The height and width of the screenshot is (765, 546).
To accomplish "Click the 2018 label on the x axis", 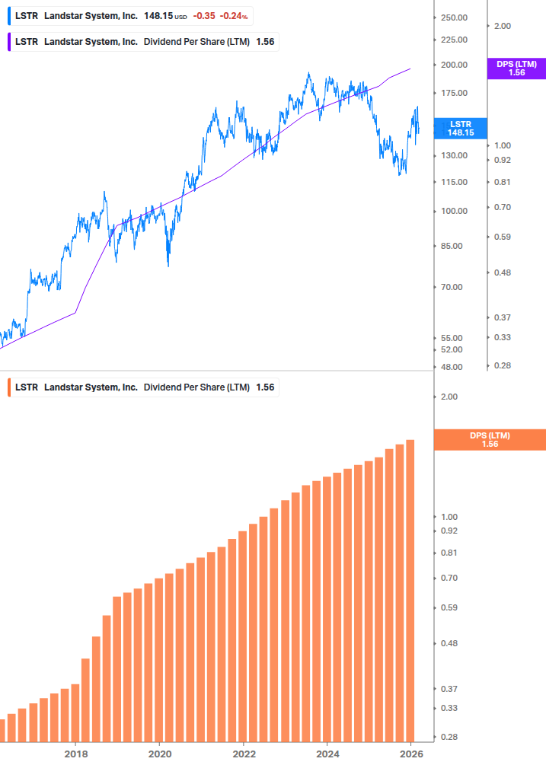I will pos(75,754).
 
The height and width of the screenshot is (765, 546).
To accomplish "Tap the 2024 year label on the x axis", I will pos(327,754).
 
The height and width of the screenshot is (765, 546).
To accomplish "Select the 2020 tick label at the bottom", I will pos(159,754).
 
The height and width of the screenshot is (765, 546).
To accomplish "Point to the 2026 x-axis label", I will pos(411,754).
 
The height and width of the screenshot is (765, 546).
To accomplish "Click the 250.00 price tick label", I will pos(454,18).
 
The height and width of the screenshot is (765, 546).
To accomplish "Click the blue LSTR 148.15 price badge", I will pos(460,128).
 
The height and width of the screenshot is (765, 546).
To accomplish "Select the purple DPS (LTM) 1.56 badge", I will pos(516,69).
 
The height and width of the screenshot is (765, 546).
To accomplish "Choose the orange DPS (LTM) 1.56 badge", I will pos(489,439).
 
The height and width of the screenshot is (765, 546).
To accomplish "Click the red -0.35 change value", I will pos(203,16).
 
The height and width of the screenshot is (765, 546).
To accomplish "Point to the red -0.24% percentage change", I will pos(235,16).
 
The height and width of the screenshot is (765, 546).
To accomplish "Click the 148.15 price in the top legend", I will pos(158,16).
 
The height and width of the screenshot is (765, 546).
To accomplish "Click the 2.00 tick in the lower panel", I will pos(449,397).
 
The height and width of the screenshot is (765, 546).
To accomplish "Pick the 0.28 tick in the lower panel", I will pos(449,737).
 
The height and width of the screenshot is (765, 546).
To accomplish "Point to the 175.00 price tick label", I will pos(454,93).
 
